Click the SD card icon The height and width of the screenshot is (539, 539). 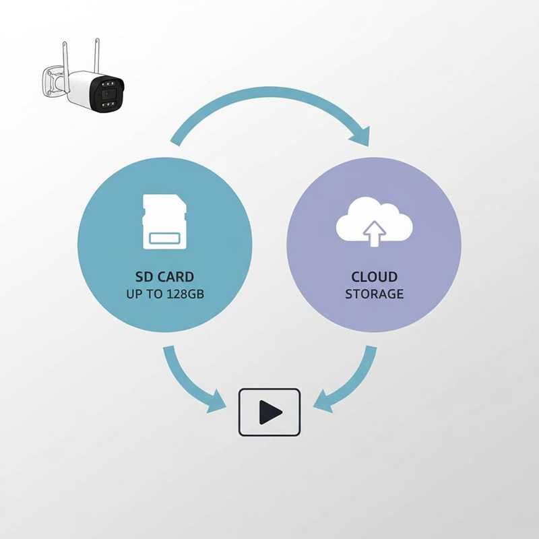[x=164, y=222]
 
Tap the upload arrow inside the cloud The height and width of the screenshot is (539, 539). [x=375, y=233]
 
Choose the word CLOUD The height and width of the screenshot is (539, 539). [x=375, y=277]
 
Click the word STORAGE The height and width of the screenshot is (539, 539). [x=375, y=294]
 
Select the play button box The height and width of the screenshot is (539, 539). [x=269, y=411]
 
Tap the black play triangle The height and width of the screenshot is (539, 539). [x=271, y=411]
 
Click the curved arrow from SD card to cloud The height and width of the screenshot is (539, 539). [x=269, y=101]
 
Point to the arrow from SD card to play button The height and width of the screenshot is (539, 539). [x=189, y=384]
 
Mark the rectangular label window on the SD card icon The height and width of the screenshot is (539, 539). [x=164, y=239]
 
